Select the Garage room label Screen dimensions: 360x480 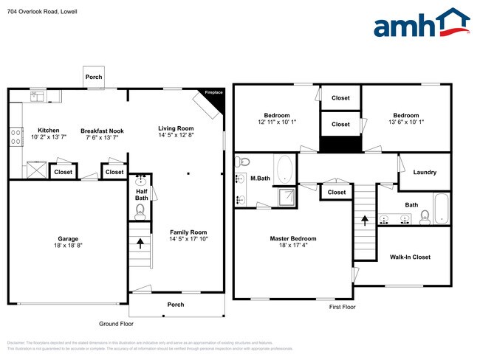point(69,238)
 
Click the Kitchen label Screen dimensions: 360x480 point(49,130)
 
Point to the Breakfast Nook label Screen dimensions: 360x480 point(102,131)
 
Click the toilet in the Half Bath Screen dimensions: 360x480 point(141,211)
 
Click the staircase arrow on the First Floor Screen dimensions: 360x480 point(363,221)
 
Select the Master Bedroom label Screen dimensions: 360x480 point(292,238)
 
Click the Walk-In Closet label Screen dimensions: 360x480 point(410,257)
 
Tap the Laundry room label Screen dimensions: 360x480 point(425,172)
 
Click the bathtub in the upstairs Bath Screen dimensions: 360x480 point(440,208)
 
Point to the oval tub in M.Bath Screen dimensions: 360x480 point(284,169)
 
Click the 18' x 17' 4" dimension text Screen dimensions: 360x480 point(292,247)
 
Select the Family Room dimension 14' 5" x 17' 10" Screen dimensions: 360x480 point(188,239)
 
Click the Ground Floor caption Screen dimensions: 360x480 point(117,324)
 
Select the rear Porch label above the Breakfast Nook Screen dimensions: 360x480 point(94,77)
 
